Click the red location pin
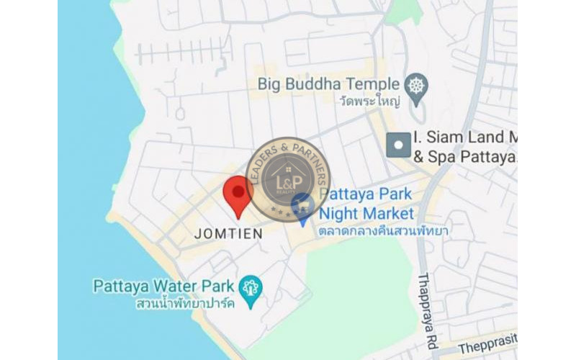(x=237, y=195)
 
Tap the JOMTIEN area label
(x=228, y=234)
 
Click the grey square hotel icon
(x=398, y=145)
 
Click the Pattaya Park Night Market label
(x=366, y=204)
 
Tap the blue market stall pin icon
(x=302, y=207)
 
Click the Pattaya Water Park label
(x=165, y=285)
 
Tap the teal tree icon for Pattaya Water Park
(x=251, y=288)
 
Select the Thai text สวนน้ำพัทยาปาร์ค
(x=186, y=304)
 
